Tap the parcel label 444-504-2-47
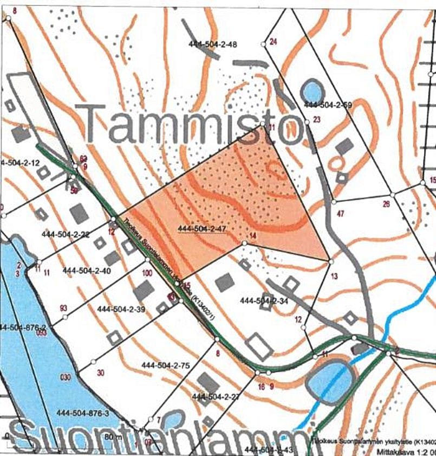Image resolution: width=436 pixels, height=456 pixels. click(201, 229)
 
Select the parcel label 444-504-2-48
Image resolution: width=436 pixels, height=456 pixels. click(213, 44)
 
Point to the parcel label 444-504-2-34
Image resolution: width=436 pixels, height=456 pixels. click(264, 300)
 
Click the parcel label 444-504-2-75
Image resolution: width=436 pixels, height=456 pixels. click(166, 365)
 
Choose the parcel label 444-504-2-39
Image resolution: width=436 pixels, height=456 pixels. click(121, 309)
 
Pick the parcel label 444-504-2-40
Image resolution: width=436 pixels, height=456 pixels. click(87, 270)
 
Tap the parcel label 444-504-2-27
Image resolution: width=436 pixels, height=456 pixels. click(216, 397)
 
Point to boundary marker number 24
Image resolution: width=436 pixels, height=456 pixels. click(273, 42)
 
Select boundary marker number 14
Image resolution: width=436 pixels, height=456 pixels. click(252, 236)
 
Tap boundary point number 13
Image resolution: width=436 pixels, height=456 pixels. click(334, 276)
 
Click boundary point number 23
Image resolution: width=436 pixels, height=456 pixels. click(317, 119)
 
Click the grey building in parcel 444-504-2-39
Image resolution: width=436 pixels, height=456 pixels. click(144, 291)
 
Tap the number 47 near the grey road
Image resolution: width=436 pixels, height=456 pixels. click(340, 214)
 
